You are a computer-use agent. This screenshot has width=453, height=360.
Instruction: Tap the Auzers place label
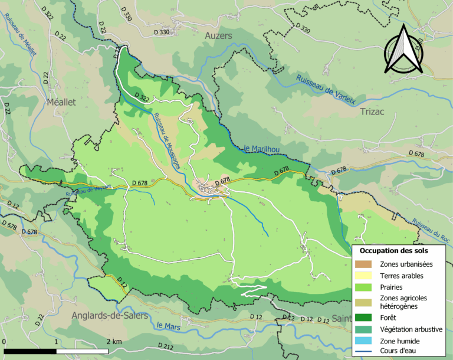(x=219, y=36)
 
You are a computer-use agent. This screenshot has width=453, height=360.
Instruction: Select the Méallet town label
(x=61, y=102)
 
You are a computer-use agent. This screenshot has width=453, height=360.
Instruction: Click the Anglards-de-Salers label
(x=109, y=316)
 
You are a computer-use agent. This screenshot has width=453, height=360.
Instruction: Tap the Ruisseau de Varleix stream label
(x=326, y=89)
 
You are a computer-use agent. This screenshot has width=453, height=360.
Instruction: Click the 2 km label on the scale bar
(x=114, y=342)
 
